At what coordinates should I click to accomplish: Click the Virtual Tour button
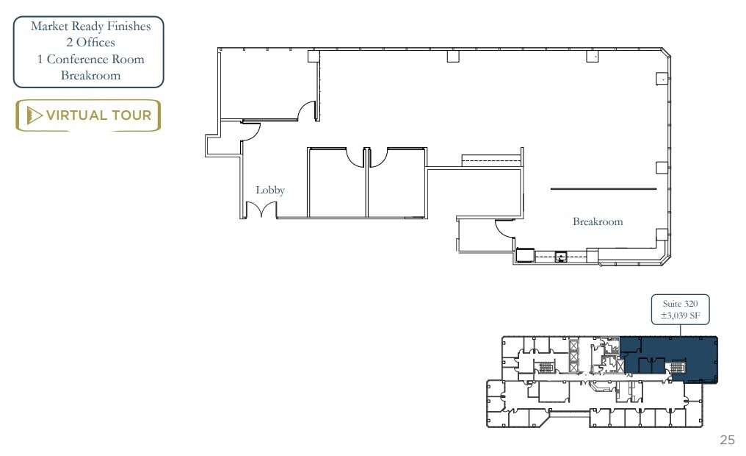[x=88, y=115]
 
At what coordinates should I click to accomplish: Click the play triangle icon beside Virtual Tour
[x=34, y=115]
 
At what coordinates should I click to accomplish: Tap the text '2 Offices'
[x=90, y=43]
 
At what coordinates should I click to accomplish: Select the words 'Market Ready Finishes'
[x=90, y=26]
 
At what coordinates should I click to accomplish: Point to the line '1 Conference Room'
[x=90, y=59]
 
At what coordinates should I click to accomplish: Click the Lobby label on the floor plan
[x=269, y=190]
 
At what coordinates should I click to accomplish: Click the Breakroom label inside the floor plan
[x=598, y=221]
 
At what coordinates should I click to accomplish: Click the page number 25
[x=727, y=440]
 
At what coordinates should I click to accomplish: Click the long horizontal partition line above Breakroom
[x=604, y=189]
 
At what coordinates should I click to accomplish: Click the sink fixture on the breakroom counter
[x=562, y=257]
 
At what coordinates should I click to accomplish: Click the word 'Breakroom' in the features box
[x=90, y=75]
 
